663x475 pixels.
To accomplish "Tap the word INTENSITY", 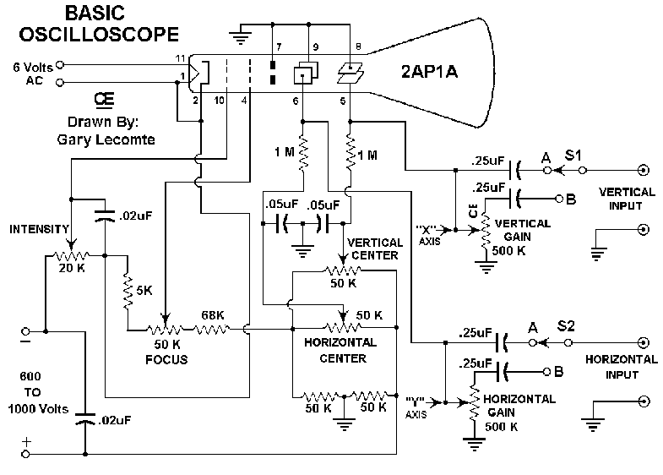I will tap(41, 229).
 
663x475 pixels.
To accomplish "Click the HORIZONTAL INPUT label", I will tap(620, 366).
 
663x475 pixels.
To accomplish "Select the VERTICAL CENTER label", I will tap(375, 248).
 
